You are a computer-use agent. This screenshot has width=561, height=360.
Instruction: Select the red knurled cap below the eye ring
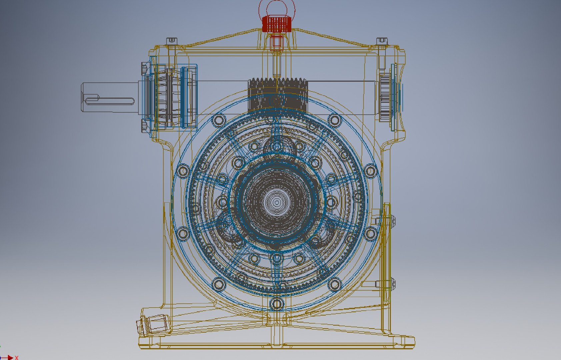click(277, 24)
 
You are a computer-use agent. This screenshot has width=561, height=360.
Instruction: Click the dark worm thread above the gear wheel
click(277, 95)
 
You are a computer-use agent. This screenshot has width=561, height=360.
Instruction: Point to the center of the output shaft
click(277, 202)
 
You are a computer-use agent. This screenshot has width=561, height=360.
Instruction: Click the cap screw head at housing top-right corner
click(382, 41)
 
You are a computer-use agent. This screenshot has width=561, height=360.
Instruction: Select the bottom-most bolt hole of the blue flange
click(277, 304)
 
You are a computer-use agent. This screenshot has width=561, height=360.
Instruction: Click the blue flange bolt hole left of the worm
click(219, 120)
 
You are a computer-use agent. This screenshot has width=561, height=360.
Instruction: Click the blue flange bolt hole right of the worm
click(335, 120)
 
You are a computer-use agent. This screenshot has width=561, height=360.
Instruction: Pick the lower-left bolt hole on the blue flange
click(219, 284)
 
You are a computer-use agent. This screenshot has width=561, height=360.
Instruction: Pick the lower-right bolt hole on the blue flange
click(335, 284)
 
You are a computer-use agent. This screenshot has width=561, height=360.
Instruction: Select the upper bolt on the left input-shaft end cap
click(144, 69)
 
